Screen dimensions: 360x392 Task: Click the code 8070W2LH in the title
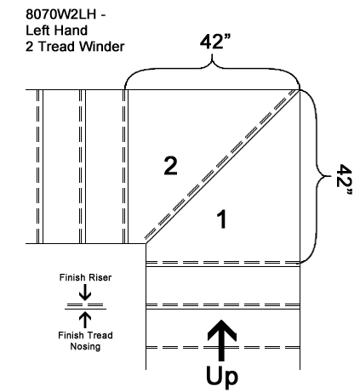(x=61, y=14)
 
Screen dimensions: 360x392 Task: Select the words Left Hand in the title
(x=56, y=31)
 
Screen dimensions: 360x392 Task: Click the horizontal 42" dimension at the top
(x=214, y=42)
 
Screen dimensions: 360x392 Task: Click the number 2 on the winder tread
(x=171, y=166)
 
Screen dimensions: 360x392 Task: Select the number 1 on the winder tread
(x=222, y=219)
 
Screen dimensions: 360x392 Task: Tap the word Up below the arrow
(x=222, y=377)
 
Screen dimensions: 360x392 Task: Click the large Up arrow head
(x=222, y=330)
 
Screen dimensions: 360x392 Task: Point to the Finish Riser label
(x=85, y=277)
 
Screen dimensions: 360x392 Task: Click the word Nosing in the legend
(x=85, y=346)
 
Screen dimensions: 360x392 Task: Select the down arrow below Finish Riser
(x=85, y=292)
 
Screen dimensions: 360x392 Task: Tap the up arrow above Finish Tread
(x=85, y=320)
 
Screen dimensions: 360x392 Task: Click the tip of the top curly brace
(x=212, y=54)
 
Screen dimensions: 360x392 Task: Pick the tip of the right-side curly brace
(x=331, y=176)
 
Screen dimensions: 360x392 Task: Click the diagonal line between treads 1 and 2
(x=223, y=167)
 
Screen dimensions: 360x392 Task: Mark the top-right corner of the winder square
(x=300, y=90)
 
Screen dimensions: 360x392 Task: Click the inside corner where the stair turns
(x=146, y=243)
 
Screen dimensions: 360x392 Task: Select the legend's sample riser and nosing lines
(x=85, y=306)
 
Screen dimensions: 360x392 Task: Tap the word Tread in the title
(x=56, y=47)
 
